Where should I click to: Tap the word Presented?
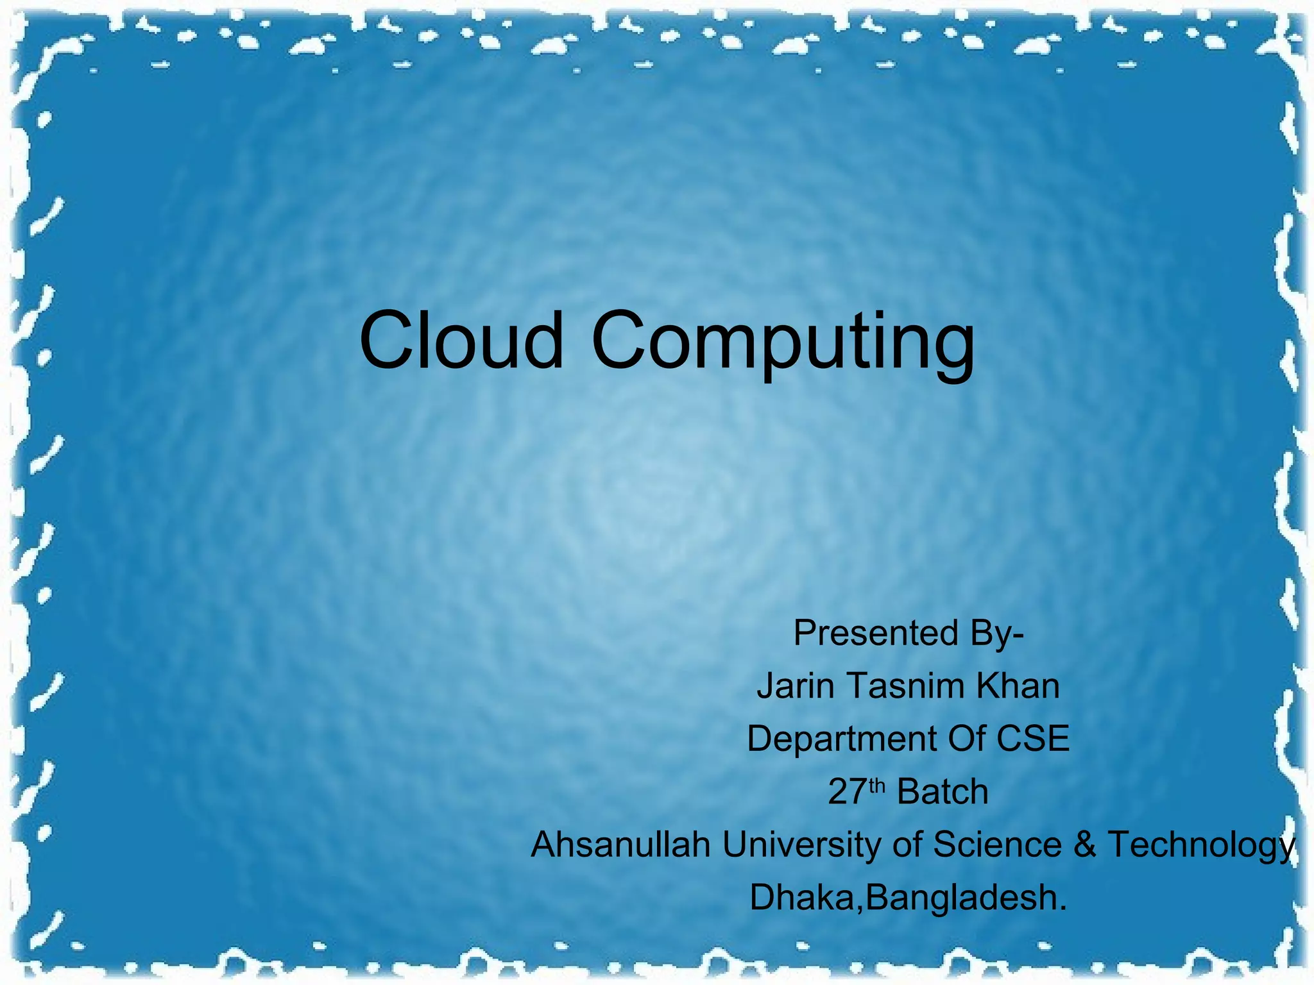876,634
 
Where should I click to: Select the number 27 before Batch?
848,792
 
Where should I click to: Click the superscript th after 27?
877,786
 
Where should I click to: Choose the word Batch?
942,792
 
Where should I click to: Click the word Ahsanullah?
620,845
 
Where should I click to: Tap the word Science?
996,845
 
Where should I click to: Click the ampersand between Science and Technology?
1084,845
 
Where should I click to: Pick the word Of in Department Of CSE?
966,739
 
